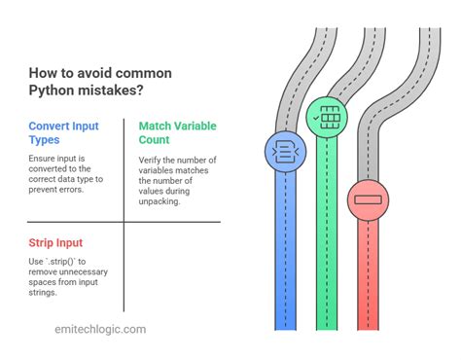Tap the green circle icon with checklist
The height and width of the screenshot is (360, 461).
326,117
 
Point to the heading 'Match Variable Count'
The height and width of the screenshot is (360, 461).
177,134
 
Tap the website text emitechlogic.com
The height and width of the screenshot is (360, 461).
100,329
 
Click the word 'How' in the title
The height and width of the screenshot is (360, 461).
40,73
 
